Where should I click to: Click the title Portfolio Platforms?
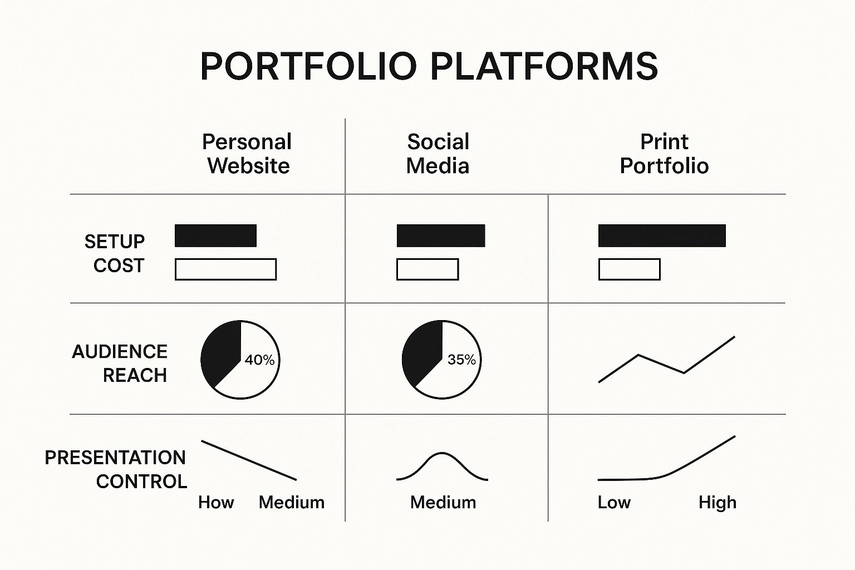429,66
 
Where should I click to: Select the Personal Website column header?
247,154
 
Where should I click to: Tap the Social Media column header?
438,154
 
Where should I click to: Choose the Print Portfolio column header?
664,154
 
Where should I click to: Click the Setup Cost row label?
115,253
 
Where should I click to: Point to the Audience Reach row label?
120,363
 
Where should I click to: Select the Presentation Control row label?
116,469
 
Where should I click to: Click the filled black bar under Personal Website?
215,235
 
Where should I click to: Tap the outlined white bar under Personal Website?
225,269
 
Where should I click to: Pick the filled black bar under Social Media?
441,235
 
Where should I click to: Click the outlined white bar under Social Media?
427,269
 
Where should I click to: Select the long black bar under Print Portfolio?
662,235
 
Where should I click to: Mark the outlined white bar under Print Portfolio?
630,269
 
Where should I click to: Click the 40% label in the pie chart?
259,360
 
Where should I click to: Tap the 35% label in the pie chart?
461,359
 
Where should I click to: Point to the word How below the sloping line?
216,503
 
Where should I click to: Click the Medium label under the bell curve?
443,503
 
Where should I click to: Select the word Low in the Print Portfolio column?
614,503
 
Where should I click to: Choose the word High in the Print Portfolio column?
718,503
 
